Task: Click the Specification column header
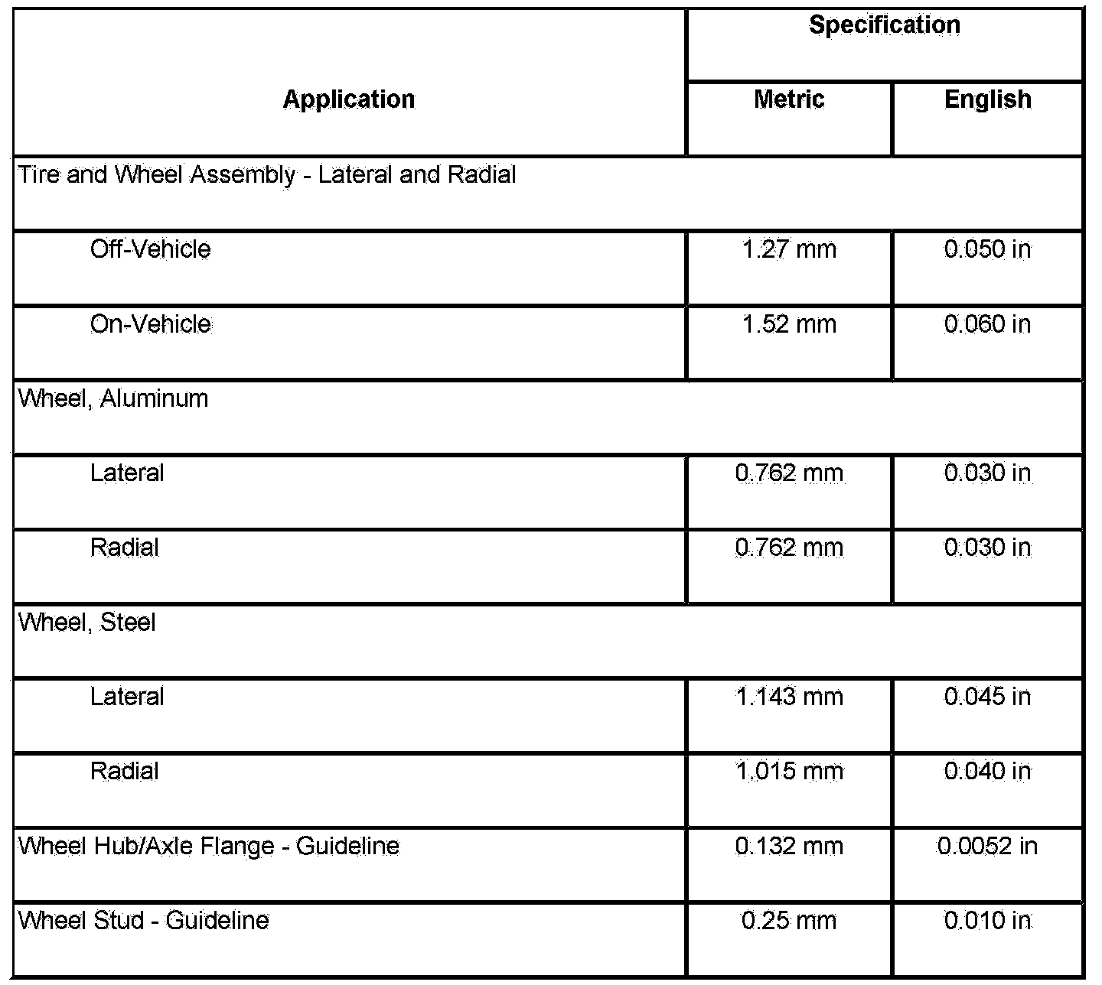(x=884, y=25)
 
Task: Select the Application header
(x=349, y=99)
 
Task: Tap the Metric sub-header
(x=789, y=99)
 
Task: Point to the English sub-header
(x=987, y=99)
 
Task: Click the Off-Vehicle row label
(x=150, y=249)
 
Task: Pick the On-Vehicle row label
(x=150, y=324)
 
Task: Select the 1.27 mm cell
(x=789, y=249)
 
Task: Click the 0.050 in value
(x=987, y=249)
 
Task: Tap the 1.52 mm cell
(x=789, y=324)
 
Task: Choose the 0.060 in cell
(x=987, y=324)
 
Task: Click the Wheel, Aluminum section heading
(x=113, y=398)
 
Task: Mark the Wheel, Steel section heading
(x=87, y=623)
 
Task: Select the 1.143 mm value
(x=789, y=697)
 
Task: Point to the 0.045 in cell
(x=987, y=697)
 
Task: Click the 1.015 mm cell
(x=789, y=771)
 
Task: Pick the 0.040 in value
(x=987, y=771)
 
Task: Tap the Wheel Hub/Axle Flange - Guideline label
(x=209, y=846)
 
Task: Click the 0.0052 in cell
(x=987, y=846)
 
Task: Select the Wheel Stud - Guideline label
(x=144, y=920)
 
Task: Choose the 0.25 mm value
(x=789, y=920)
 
